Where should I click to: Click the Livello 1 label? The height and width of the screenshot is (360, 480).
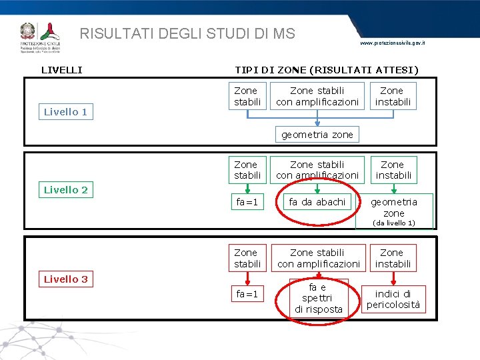(65, 112)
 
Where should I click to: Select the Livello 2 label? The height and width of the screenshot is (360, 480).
(65, 190)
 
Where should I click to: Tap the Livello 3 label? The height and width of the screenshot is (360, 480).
(65, 279)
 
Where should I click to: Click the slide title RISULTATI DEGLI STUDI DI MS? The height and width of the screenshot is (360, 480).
(187, 33)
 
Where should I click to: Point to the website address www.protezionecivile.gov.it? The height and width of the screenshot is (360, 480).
(392, 43)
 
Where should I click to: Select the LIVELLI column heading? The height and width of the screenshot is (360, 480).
(62, 69)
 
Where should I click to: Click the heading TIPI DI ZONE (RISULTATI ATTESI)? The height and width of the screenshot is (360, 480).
(327, 69)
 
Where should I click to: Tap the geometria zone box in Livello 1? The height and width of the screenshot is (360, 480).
(317, 135)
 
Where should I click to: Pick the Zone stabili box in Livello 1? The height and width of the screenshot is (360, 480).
(246, 96)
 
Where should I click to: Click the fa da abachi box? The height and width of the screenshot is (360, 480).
(317, 201)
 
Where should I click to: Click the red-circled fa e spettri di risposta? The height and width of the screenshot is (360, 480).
(318, 298)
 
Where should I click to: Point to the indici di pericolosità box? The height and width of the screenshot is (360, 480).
(393, 299)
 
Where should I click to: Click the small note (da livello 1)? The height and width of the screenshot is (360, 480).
(393, 223)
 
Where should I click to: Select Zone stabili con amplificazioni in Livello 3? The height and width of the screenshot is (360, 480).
(318, 258)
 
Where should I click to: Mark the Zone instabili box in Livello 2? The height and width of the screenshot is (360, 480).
(393, 169)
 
